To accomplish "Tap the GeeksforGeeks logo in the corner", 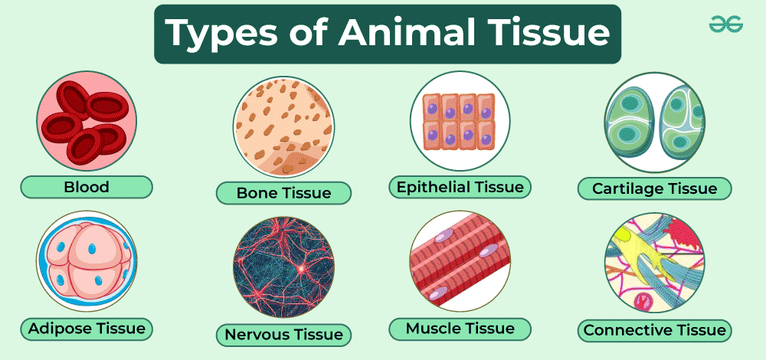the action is pos(726,24).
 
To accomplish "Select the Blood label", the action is pos(87,187).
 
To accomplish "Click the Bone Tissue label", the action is pos(283,192).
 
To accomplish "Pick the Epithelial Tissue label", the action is pos(460,187).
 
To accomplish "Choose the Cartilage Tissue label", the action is pos(655,188).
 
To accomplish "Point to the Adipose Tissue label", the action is pos(87,329).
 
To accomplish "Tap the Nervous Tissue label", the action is pos(283,335).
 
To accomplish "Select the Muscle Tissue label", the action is pos(460,329).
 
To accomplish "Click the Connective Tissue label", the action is pos(655,330).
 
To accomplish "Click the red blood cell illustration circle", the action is pos(87,121).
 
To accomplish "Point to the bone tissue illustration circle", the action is pos(283,126).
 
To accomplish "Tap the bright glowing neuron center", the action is pos(301,268).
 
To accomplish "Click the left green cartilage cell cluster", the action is pos(630,122).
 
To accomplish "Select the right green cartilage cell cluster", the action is pos(682,122).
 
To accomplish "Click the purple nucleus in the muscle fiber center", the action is pos(486,253).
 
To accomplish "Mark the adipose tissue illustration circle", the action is pos(87,261).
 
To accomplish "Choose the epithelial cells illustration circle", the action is pos(460,121).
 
